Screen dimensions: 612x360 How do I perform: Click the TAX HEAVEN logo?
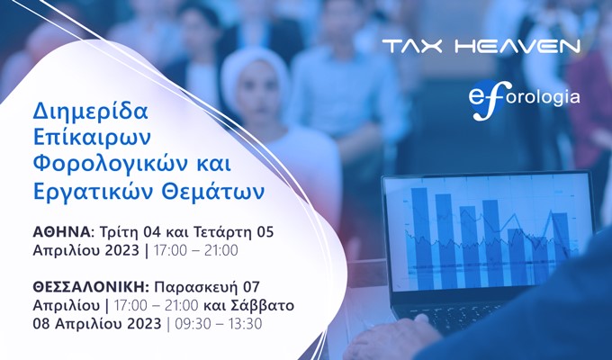481,46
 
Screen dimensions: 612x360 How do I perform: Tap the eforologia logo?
524,100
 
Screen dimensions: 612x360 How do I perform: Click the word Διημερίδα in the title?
91,112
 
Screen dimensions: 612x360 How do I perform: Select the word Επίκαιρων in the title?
92,139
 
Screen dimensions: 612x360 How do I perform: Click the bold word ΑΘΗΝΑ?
62,232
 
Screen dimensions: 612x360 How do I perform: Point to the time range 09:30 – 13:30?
219,324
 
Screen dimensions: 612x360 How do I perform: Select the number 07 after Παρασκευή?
251,287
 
